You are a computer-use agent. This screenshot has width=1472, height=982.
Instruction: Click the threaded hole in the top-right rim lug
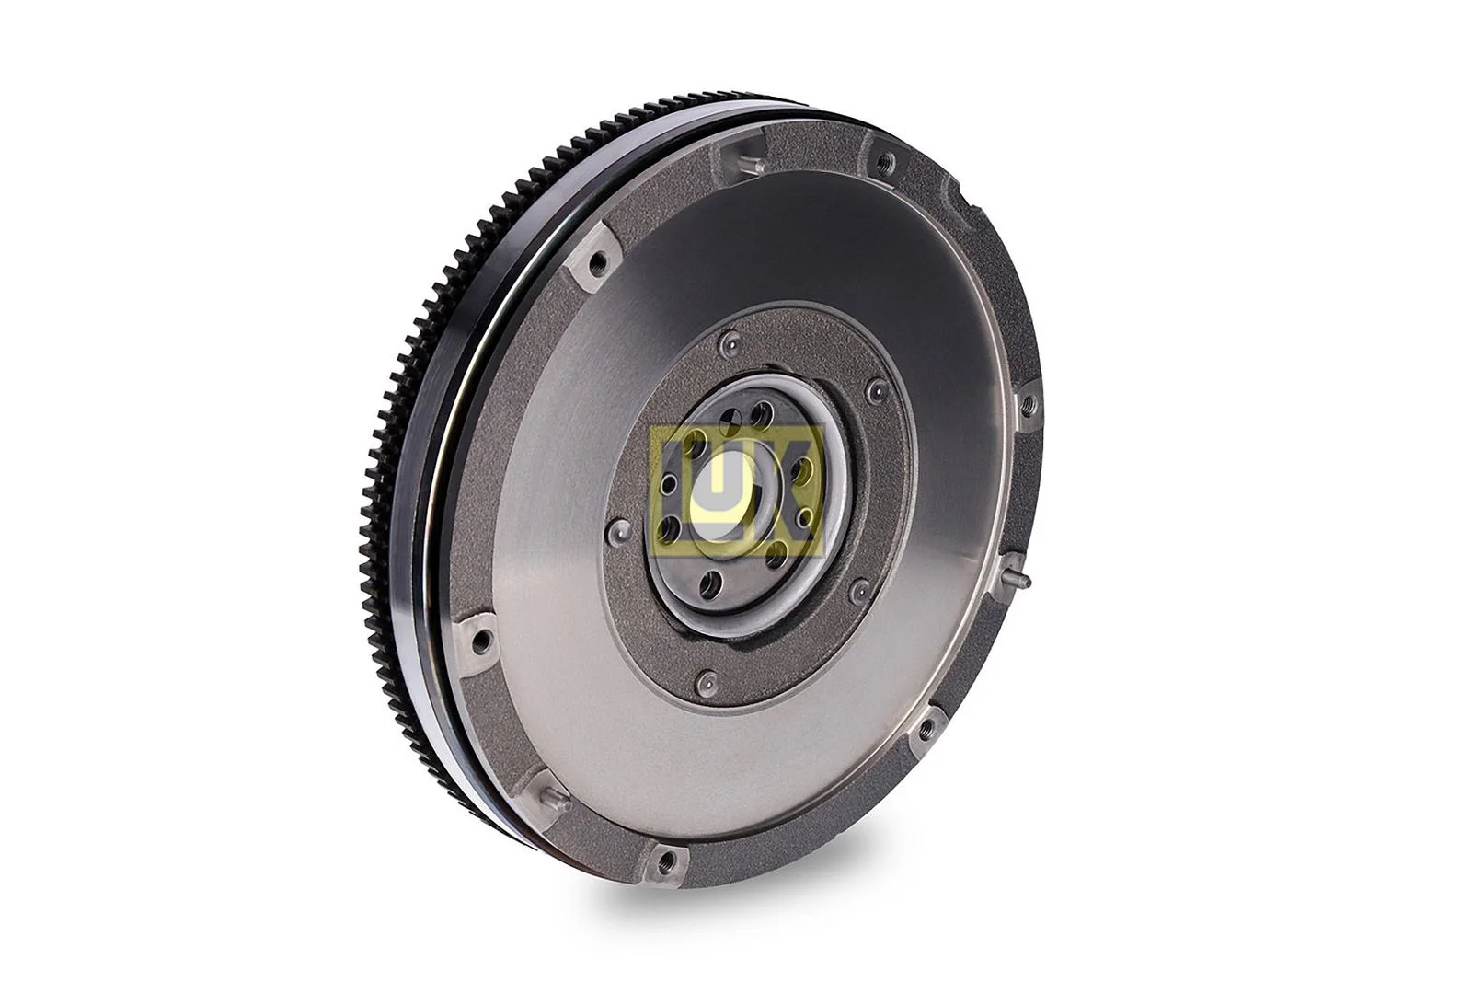coord(886,161)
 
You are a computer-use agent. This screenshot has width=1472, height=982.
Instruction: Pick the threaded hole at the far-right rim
coord(1028,401)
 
